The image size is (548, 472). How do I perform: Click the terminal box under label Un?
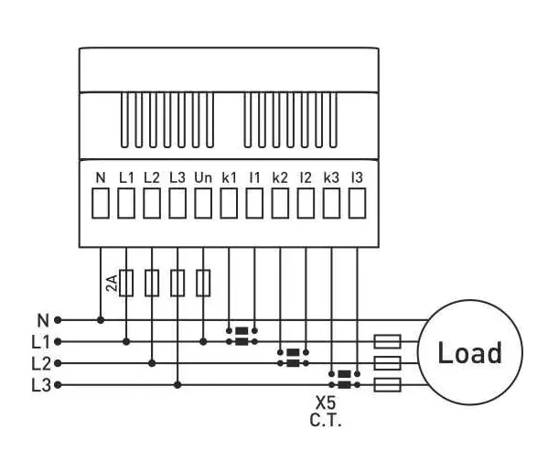coord(203,203)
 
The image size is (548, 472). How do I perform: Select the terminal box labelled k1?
coord(229,203)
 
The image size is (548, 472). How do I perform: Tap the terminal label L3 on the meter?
coord(177,177)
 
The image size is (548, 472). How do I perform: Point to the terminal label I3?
coord(357,177)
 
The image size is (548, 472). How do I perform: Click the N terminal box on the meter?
coord(101,203)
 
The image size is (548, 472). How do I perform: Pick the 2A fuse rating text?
coord(112,283)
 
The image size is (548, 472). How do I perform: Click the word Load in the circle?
coord(469,352)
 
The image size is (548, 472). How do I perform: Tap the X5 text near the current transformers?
coord(326,402)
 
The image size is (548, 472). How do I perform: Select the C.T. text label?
coord(326,420)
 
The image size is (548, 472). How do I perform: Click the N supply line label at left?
coord(43,320)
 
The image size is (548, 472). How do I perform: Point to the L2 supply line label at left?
coord(41,364)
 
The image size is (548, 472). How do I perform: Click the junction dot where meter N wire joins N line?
coord(101,319)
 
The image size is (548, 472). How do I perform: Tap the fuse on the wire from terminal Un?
coord(203,283)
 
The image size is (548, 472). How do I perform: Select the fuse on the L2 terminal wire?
coord(152,283)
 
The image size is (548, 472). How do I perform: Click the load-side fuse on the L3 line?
coord(387,385)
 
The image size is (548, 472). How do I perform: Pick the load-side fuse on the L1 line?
coord(387,341)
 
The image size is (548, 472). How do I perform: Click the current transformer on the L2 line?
coord(293,358)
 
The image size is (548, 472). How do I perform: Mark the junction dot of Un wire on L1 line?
coord(203,342)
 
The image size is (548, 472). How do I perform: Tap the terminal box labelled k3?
coord(332,203)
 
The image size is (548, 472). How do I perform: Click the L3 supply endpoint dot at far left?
coord(58,385)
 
